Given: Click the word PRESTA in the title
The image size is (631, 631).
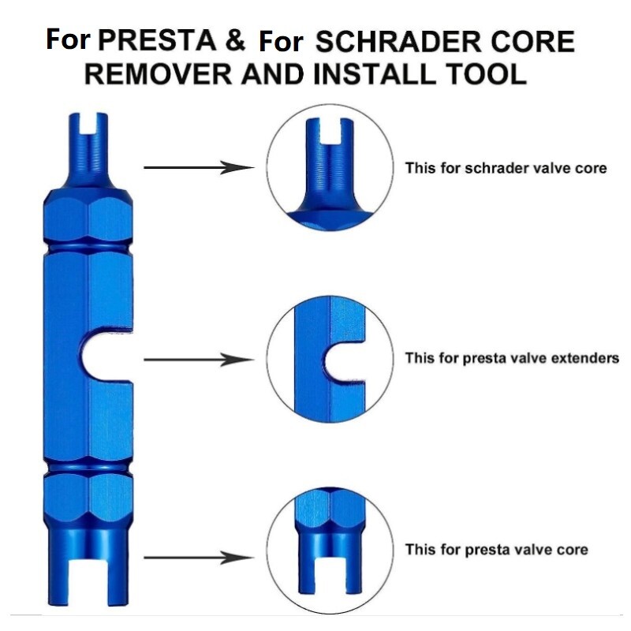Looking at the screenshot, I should point(156,40).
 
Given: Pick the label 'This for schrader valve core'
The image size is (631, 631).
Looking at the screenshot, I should point(506,168).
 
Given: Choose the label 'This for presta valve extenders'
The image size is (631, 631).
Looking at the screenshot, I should point(512,358).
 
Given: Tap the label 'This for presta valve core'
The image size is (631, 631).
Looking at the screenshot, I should point(496,549).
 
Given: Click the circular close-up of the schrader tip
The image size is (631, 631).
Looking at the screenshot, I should point(331,168).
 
